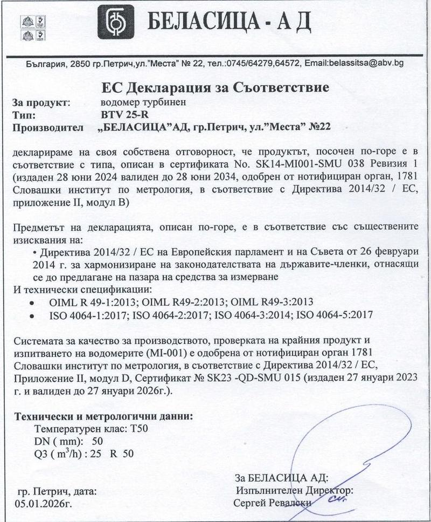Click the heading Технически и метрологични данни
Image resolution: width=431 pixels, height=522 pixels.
103,417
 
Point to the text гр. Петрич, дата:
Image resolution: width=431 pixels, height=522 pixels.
57,492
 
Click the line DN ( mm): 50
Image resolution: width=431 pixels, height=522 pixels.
68,442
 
